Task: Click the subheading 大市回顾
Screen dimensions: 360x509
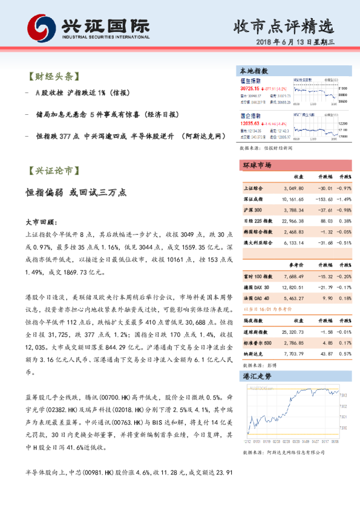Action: click(41, 222)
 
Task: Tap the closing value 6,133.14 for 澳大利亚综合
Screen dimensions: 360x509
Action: click(293, 242)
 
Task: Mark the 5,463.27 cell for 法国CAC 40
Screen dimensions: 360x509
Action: click(293, 297)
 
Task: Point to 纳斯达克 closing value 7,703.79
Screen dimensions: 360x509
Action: click(293, 354)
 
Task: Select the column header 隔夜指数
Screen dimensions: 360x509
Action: click(254, 321)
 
